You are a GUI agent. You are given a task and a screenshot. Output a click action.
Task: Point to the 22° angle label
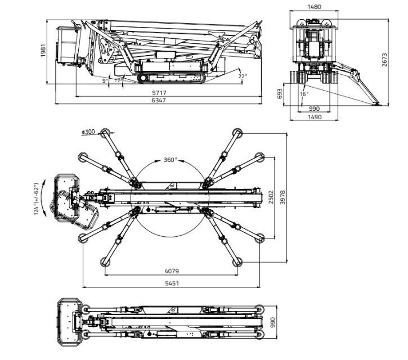pyautogui.click(x=242, y=76)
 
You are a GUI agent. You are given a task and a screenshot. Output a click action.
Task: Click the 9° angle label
pyautogui.click(x=105, y=81)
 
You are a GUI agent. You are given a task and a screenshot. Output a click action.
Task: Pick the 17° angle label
pyautogui.click(x=118, y=80)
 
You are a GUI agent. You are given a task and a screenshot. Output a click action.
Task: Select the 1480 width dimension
pyautogui.click(x=314, y=7)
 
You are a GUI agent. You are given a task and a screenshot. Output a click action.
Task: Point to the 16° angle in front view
pyautogui.click(x=304, y=94)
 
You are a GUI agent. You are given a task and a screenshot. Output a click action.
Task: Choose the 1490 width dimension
pyautogui.click(x=314, y=117)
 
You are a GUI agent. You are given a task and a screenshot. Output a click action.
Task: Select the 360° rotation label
pyautogui.click(x=171, y=160)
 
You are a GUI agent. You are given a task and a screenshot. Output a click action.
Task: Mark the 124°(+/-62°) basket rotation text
pyautogui.click(x=37, y=197)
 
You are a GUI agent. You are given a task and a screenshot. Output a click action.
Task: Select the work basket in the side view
pyautogui.click(x=69, y=45)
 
